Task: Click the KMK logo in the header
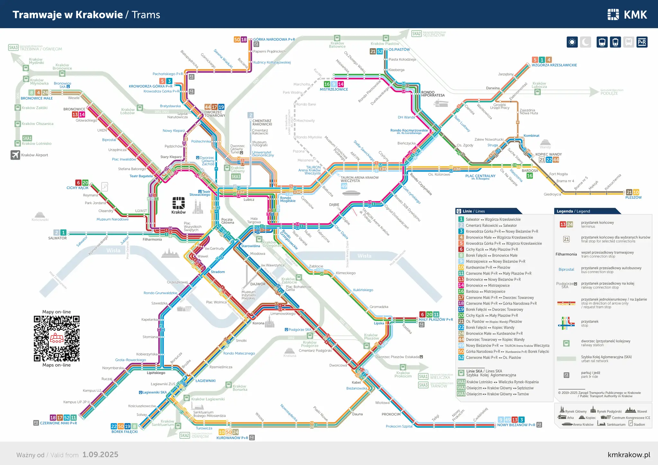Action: coord(627,14)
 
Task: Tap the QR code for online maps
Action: coord(57,338)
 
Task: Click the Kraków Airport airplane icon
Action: coord(15,155)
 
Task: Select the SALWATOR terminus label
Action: coord(58,238)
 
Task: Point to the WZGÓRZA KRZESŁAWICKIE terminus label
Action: coord(554,65)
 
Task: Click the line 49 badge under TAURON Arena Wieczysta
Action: coord(344,186)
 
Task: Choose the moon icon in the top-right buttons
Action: coord(585,42)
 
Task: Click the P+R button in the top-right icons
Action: coord(642,42)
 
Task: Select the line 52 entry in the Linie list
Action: coord(493,357)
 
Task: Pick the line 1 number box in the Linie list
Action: coord(461,219)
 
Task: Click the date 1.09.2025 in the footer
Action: coord(100,454)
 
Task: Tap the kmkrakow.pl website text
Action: coord(629,454)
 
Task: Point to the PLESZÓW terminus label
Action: coord(633,197)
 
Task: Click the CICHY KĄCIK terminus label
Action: coord(77,188)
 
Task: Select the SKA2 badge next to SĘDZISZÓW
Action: coord(416,34)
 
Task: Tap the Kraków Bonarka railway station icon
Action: coord(228,384)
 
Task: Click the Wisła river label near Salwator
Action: coord(113,250)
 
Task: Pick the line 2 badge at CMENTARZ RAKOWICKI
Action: coord(251,115)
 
